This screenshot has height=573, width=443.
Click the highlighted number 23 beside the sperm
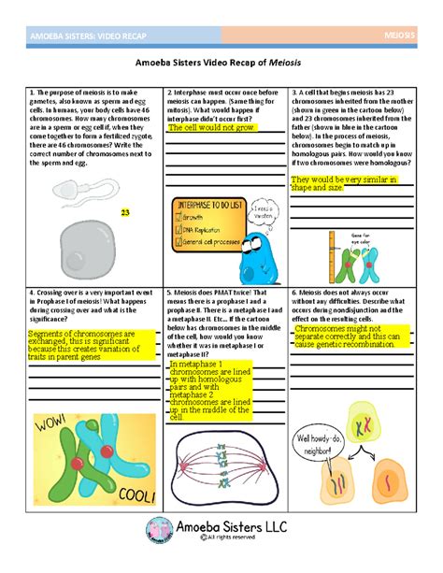pos(124,213)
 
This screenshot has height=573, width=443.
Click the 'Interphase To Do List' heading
pos(199,204)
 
